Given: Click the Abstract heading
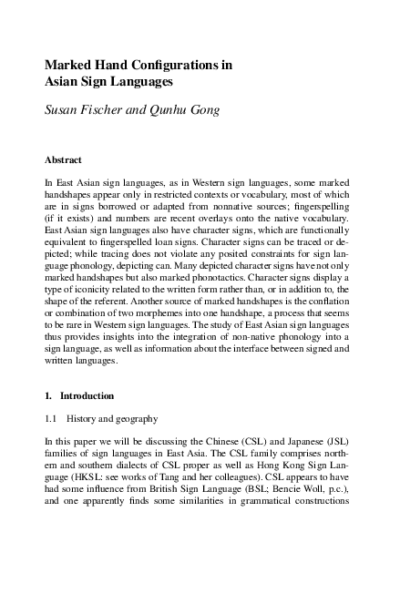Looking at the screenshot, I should (x=64, y=159).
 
